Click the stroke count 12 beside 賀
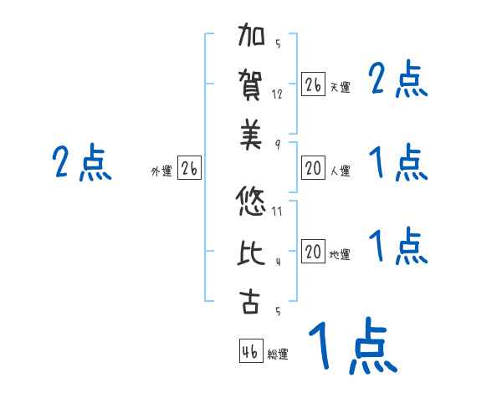(x=277, y=94)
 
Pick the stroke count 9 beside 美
(x=277, y=143)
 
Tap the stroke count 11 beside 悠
(x=277, y=211)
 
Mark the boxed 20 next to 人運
(x=313, y=168)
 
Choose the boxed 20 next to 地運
(x=313, y=251)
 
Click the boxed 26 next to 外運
(x=189, y=168)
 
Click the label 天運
(x=340, y=87)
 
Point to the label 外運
(x=161, y=171)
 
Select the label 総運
(x=278, y=355)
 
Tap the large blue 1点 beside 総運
(x=352, y=347)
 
